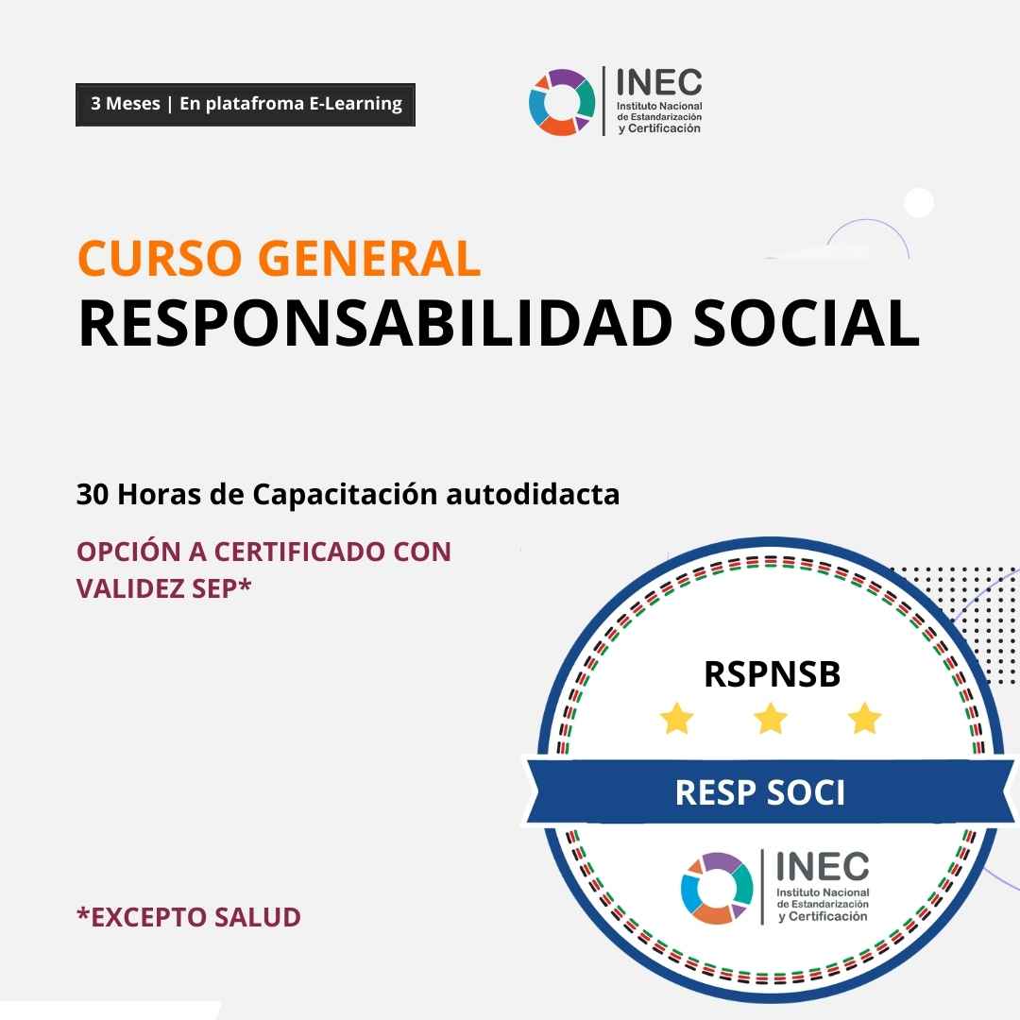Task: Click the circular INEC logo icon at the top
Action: pos(562,102)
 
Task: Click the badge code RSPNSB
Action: pos(772,674)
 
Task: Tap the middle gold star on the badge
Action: pos(771,721)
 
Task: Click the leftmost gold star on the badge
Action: pos(676,721)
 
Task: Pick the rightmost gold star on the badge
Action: pos(864,721)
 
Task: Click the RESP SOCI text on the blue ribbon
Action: pos(759,792)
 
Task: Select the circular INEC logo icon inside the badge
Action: pos(717,888)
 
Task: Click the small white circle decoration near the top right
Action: pos(918,203)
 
